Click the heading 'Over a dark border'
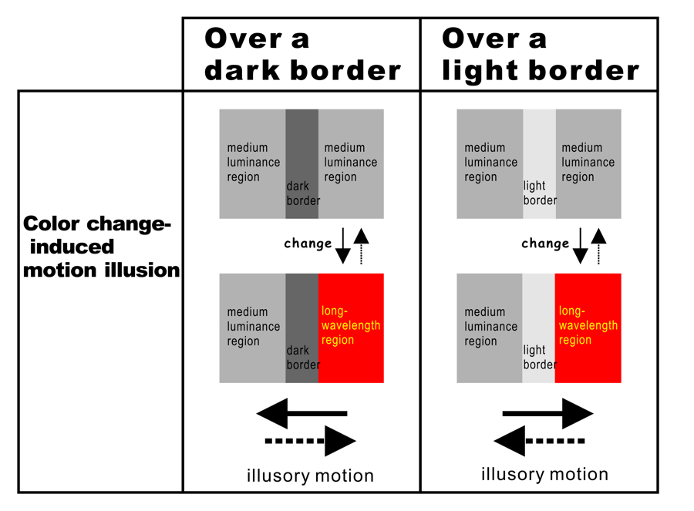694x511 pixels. (303, 55)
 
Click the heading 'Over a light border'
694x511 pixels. (541, 55)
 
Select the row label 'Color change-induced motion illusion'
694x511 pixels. (101, 247)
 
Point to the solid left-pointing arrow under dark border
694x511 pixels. (302, 414)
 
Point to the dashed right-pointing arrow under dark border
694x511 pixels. (310, 441)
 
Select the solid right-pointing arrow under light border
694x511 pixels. (548, 414)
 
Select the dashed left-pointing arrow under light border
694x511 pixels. (539, 441)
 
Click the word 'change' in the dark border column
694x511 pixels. (308, 244)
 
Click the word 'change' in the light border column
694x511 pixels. (545, 244)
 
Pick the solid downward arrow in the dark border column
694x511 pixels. (343, 246)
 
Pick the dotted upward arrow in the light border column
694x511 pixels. (599, 246)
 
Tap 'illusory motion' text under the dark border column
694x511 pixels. (310, 476)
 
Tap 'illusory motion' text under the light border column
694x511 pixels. (545, 475)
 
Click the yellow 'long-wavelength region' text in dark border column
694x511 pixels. (351, 325)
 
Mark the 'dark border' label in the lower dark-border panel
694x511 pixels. (303, 358)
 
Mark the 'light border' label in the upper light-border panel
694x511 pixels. (540, 193)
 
